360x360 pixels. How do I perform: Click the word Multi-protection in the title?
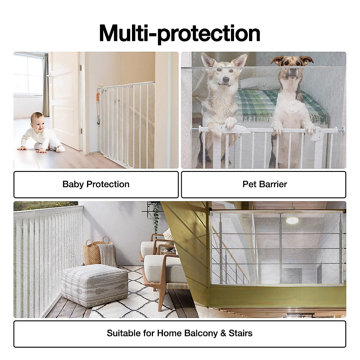tap(179, 33)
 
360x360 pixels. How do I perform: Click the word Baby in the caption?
tap(73, 184)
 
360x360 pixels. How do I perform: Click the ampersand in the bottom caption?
tap(223, 333)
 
